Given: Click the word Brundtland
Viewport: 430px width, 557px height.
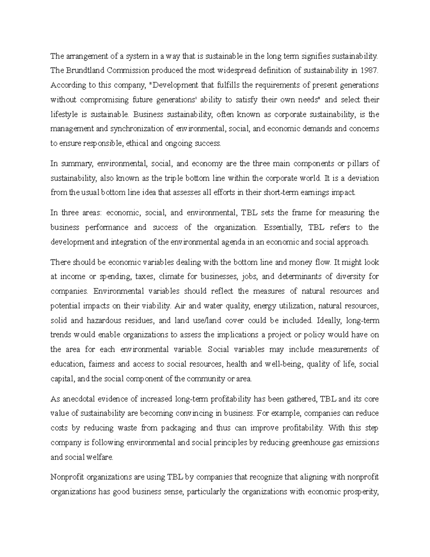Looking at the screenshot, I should [82, 71].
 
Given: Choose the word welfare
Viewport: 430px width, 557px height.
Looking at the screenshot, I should [101, 457].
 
